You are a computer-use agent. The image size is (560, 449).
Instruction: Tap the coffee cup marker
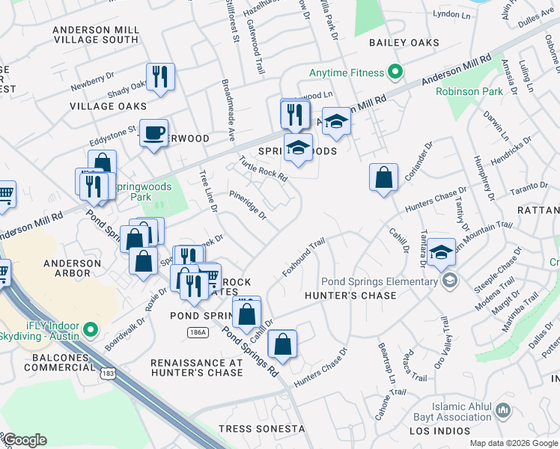[x=154, y=133]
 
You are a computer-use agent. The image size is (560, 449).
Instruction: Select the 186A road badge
[x=197, y=332]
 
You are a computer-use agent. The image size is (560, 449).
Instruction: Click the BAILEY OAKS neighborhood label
[x=404, y=43]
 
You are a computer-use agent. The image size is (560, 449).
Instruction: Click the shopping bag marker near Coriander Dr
[x=383, y=178]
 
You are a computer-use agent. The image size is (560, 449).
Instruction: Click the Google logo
[x=25, y=440]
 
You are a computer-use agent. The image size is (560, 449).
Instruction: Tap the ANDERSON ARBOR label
[x=67, y=269]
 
